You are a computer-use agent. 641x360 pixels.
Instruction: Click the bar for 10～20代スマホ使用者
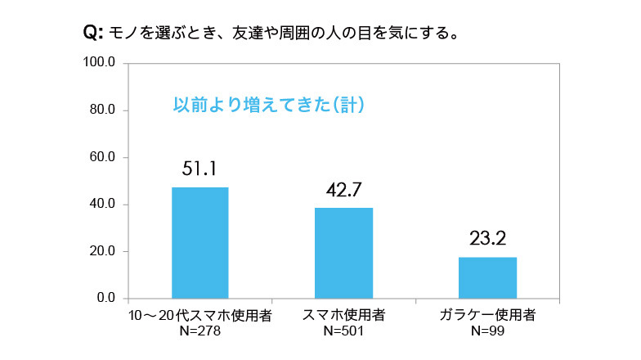click(x=199, y=242)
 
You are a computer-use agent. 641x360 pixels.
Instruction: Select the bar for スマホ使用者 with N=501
click(x=343, y=253)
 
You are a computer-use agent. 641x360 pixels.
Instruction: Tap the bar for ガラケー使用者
click(x=487, y=277)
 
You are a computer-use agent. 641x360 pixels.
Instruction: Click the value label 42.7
click(x=343, y=190)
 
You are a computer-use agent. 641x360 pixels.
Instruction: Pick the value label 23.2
click(x=488, y=239)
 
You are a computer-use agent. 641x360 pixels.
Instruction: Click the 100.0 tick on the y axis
click(x=102, y=63)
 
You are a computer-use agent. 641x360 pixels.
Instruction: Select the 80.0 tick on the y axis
click(x=105, y=110)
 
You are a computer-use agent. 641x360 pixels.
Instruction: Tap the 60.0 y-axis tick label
click(x=105, y=157)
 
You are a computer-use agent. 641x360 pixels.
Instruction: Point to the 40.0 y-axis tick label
click(x=105, y=204)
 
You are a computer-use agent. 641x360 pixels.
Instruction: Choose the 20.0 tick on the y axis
click(x=105, y=251)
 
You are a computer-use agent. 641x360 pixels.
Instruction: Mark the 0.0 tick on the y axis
click(x=108, y=298)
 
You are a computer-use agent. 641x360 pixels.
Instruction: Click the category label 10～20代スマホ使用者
click(x=199, y=315)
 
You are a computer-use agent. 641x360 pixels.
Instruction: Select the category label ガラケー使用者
click(x=487, y=315)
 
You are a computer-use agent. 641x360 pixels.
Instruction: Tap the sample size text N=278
click(x=199, y=331)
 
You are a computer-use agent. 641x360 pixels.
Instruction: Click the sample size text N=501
click(x=343, y=331)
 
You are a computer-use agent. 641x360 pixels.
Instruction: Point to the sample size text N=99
click(x=487, y=331)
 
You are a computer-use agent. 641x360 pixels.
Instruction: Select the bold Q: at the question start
click(x=92, y=34)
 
